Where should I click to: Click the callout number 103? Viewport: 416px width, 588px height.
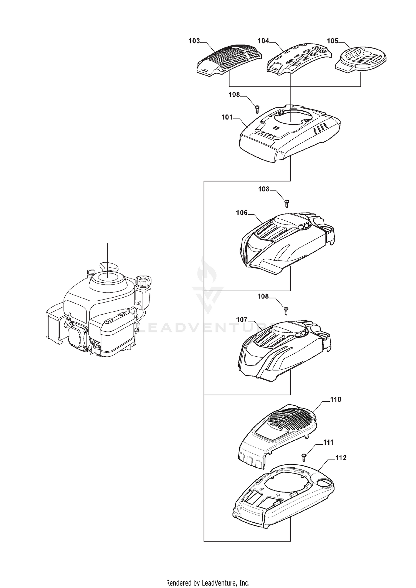pyautogui.click(x=194, y=41)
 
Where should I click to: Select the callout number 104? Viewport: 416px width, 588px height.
pyautogui.click(x=263, y=41)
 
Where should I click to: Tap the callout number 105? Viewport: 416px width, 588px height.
pyautogui.click(x=333, y=41)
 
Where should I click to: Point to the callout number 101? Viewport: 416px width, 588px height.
pyautogui.click(x=227, y=117)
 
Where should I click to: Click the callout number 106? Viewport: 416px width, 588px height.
pyautogui.click(x=242, y=213)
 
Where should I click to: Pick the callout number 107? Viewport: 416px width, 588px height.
pyautogui.click(x=242, y=319)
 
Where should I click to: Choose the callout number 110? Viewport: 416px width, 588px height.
pyautogui.click(x=336, y=400)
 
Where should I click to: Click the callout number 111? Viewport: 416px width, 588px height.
pyautogui.click(x=328, y=443)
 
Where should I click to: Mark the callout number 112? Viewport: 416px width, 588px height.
pyautogui.click(x=341, y=458)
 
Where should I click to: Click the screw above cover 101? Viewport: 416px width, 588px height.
pyautogui.click(x=257, y=109)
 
